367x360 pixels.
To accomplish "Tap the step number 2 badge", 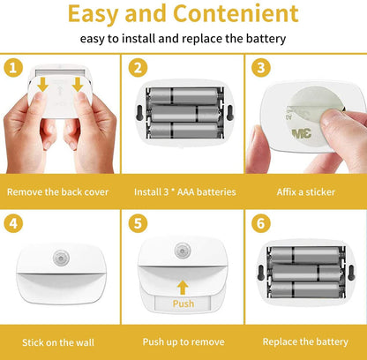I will point(138,68).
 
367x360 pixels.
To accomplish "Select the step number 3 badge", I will point(260,68).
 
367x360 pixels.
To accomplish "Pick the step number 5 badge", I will point(138,224).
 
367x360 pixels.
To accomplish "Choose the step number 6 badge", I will point(260,224).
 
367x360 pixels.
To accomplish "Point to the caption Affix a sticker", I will point(307,191).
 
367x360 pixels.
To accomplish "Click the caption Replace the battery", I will point(307,341).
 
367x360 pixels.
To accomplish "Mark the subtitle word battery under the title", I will point(262,39).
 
